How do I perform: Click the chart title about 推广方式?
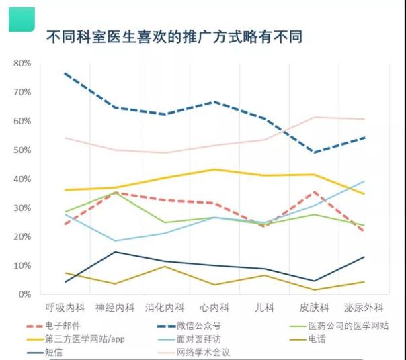[x=173, y=36]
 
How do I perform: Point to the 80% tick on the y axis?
[x=22, y=63]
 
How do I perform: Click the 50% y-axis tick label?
[x=22, y=150]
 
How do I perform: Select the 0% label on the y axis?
[x=24, y=294]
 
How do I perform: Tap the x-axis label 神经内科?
[x=115, y=308]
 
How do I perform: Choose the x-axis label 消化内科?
[x=165, y=308]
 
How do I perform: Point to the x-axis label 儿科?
[x=263, y=308]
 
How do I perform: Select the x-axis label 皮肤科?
[x=314, y=308]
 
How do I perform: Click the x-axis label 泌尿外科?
[x=364, y=308]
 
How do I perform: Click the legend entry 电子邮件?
[x=60, y=326]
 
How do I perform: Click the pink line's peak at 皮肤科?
[x=314, y=117]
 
